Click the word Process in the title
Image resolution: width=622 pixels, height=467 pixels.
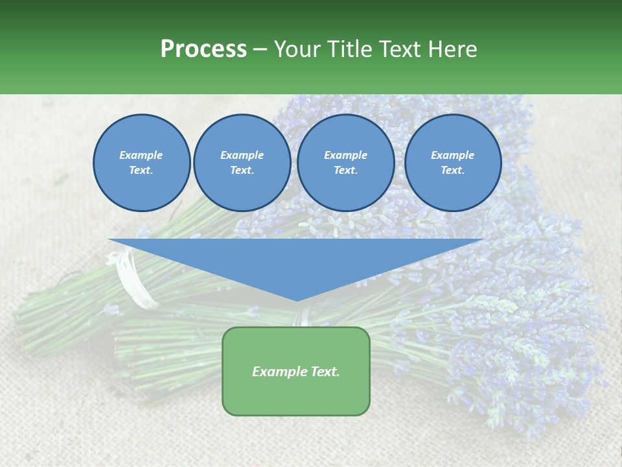click(x=203, y=49)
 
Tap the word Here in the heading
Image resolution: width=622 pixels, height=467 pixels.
click(x=452, y=49)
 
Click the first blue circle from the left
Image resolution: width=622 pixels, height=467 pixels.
click(x=142, y=163)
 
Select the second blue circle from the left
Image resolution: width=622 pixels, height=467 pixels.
click(x=242, y=163)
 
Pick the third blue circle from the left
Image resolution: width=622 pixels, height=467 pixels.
click(x=346, y=163)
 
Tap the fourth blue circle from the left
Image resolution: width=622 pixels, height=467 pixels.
click(x=453, y=163)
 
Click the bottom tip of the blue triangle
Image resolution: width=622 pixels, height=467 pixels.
click(x=297, y=300)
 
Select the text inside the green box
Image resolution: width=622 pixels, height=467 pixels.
click(x=296, y=372)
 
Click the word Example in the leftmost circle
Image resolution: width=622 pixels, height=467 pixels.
click(x=141, y=155)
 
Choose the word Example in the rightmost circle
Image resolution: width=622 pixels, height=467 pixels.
click(x=453, y=155)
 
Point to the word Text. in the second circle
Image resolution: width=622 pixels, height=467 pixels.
click(x=242, y=171)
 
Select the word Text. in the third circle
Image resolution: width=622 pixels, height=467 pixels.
click(x=346, y=171)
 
